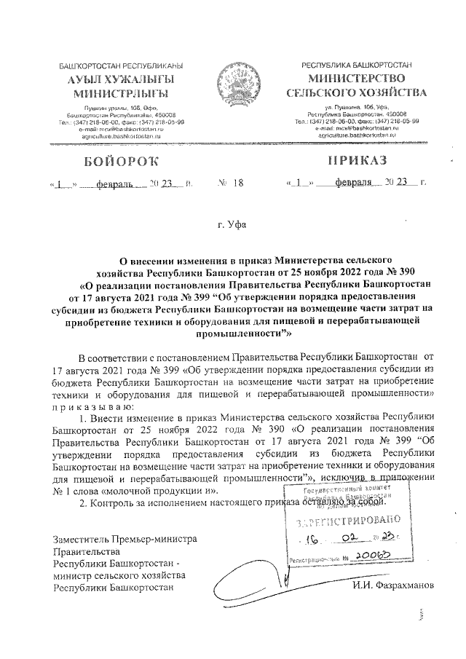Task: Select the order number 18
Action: point(237,184)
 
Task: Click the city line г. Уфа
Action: point(232,225)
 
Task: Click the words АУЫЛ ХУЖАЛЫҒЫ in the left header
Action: point(111,79)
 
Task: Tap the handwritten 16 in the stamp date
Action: point(315,541)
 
